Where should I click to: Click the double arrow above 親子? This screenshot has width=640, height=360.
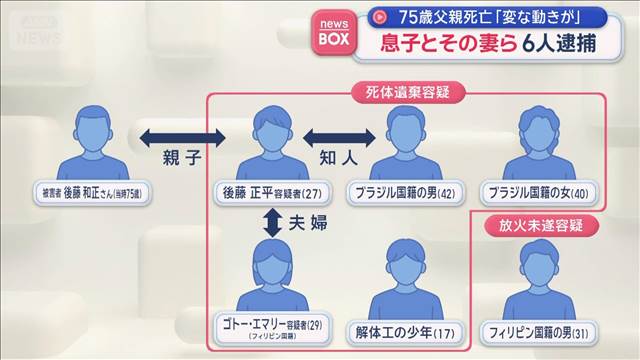tap(171, 136)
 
